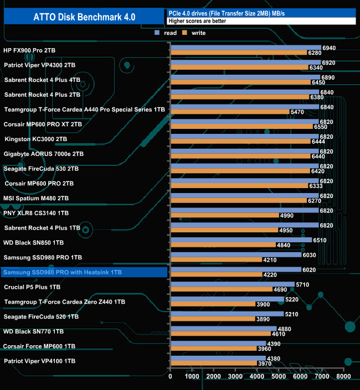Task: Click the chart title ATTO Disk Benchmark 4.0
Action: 83,17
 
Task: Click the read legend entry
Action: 169,33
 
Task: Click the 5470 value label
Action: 297,112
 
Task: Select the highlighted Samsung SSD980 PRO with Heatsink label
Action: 62,273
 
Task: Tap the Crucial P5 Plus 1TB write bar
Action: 221,289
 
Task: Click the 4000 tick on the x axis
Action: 257,376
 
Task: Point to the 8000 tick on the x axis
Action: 343,376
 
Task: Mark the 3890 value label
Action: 263,319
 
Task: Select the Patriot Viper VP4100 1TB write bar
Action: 213,363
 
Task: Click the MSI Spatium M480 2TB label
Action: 36,198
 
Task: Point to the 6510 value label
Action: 320,241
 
